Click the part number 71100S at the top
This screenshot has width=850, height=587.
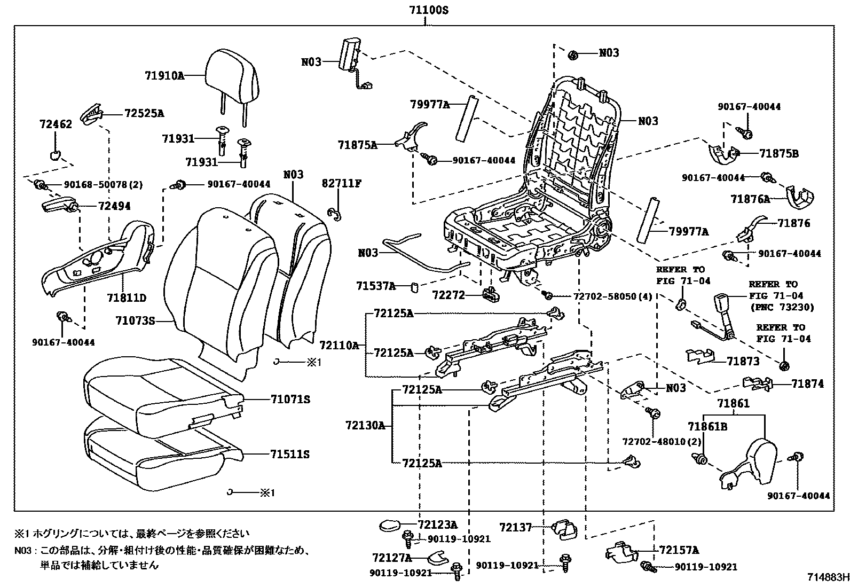(x=424, y=9)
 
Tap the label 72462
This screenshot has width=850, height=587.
(x=56, y=124)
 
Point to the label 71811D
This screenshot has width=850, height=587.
(x=126, y=298)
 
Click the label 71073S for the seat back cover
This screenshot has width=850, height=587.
(x=135, y=320)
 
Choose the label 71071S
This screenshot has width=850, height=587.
(x=290, y=400)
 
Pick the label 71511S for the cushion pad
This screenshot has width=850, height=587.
(x=290, y=455)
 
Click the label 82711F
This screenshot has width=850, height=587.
(x=342, y=183)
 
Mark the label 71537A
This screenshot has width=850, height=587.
(x=375, y=286)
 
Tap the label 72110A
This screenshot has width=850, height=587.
(x=340, y=345)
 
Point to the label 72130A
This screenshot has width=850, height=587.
(x=365, y=425)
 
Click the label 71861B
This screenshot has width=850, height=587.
(x=707, y=426)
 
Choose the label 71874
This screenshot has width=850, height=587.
(x=807, y=383)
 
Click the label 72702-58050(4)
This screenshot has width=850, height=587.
(x=613, y=296)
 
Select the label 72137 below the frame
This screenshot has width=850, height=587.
(x=516, y=527)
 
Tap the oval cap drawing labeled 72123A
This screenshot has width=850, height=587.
(x=393, y=526)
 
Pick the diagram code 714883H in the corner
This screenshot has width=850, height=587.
(x=827, y=577)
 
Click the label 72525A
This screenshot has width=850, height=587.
(x=144, y=113)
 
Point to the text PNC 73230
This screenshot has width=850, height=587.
(x=782, y=307)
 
